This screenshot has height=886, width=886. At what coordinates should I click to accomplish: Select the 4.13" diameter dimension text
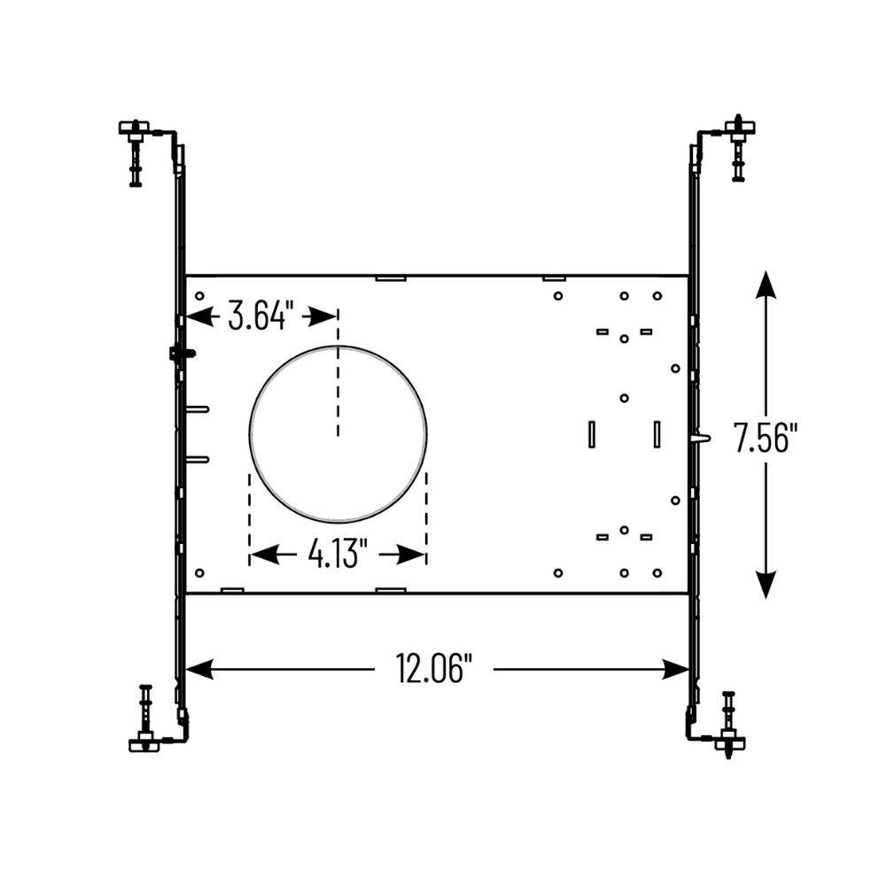[338, 555]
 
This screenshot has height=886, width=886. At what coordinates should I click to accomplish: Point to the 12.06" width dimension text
[431, 669]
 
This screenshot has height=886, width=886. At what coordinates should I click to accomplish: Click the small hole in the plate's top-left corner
[199, 296]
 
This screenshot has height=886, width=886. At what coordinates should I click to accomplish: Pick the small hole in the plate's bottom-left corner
[199, 573]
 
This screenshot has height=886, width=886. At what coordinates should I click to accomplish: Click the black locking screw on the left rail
[182, 354]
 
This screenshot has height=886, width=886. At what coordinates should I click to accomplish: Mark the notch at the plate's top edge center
[390, 278]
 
